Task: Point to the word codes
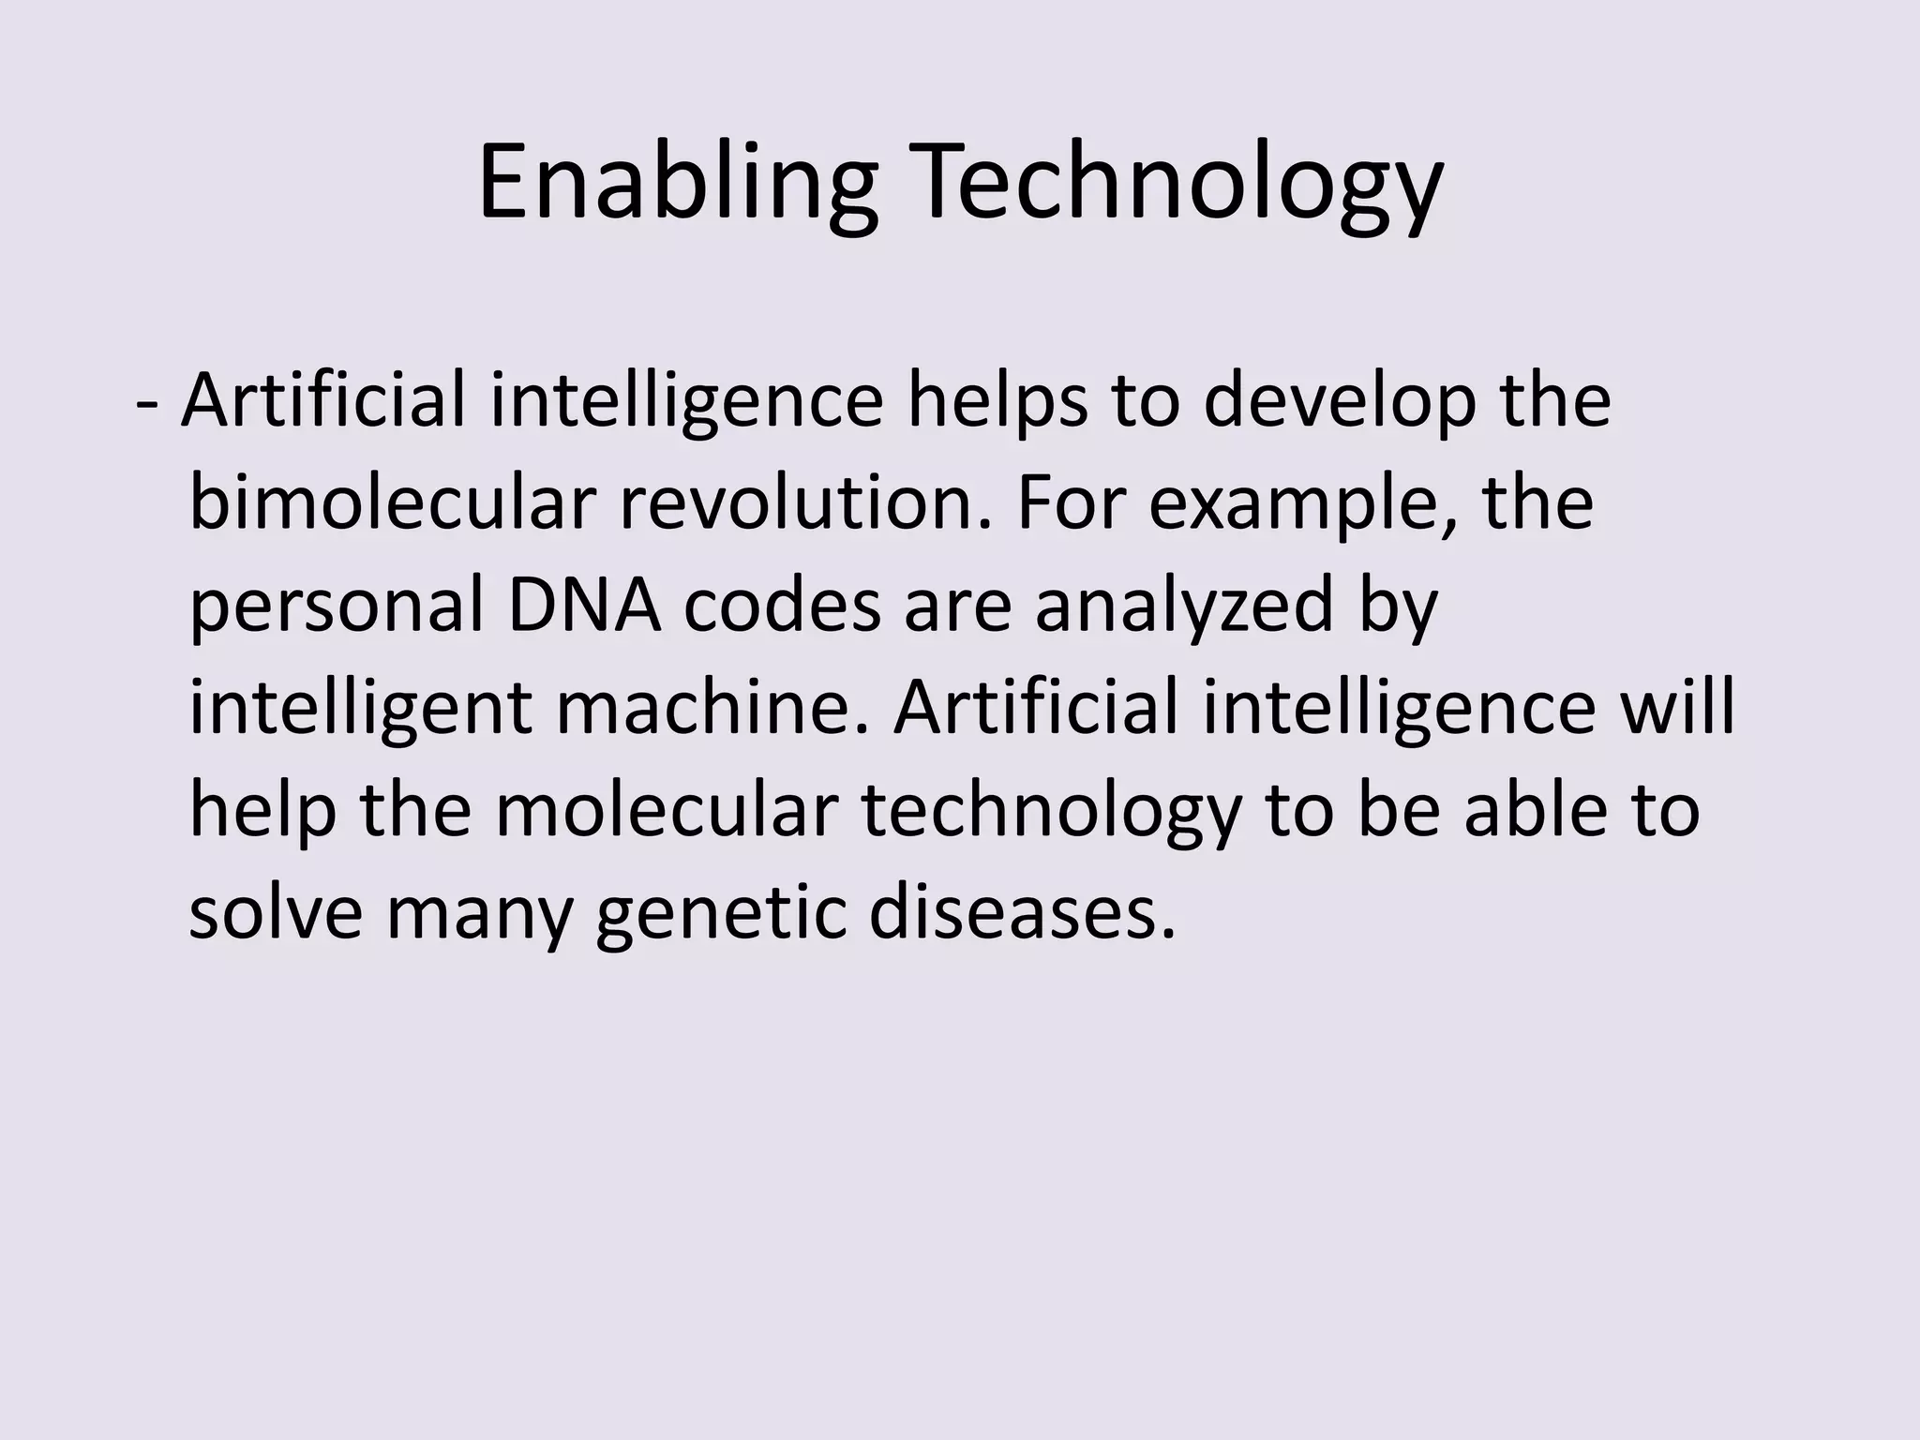coord(782,606)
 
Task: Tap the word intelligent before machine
coord(360,709)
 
